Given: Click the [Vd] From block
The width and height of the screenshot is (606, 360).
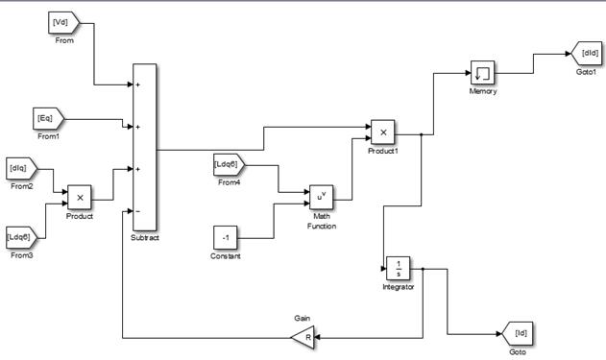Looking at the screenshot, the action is [63, 23].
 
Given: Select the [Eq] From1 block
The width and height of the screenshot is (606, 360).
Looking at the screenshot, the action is [48, 119].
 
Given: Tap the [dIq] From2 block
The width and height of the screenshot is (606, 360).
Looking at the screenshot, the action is [22, 169].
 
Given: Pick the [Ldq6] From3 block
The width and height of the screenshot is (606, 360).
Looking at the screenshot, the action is [22, 237].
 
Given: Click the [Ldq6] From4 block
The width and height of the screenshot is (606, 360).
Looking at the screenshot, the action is [230, 165].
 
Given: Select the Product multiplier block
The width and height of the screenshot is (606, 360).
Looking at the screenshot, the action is [80, 198].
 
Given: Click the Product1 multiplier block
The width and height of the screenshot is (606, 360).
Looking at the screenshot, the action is [382, 132].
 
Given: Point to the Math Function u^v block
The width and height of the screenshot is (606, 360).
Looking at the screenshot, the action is [321, 197].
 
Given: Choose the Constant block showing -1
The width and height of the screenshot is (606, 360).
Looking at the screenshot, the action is [226, 237].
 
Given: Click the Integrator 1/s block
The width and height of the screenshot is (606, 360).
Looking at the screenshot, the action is [398, 269].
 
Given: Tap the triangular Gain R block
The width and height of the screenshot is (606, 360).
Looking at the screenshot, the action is [303, 337].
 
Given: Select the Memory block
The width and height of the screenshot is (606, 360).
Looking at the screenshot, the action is [482, 73].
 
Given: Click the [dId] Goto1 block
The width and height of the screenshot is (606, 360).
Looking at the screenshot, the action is [586, 54].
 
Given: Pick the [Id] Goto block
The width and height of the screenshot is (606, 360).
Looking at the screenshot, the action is [517, 333].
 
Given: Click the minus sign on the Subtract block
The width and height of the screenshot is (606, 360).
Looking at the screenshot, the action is [138, 211].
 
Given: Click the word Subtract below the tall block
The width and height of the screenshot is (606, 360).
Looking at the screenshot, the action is [145, 237].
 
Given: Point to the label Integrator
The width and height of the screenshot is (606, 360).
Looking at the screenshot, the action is [398, 287].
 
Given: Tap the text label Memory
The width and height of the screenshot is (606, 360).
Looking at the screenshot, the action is [483, 91].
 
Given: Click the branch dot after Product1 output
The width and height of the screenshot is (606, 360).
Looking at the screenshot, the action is [422, 134].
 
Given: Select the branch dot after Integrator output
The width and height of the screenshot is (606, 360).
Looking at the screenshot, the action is [423, 269].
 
